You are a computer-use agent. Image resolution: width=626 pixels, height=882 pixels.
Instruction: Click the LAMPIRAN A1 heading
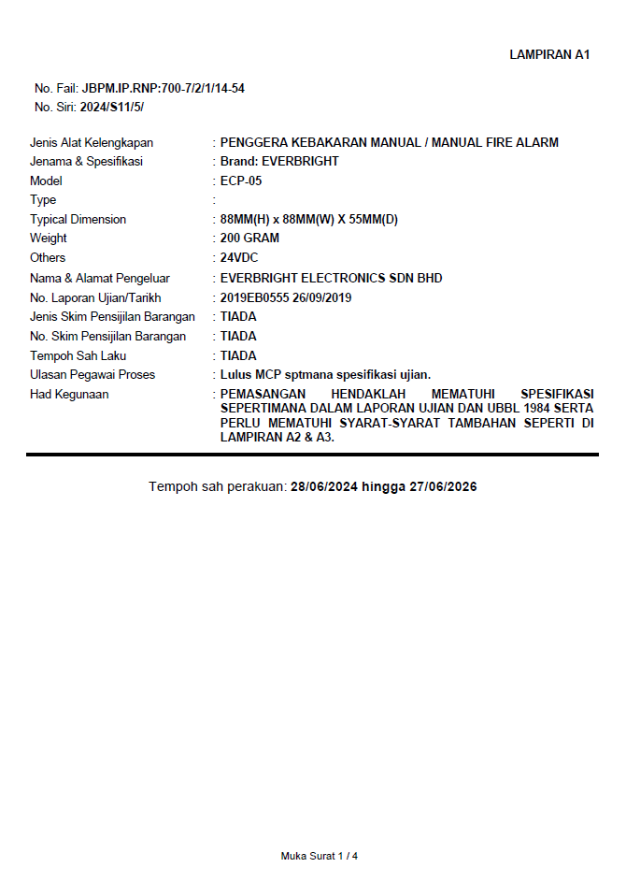549,54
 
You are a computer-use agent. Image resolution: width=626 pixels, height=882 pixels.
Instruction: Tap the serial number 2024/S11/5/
112,107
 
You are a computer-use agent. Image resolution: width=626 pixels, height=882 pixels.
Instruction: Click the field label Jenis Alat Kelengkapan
92,143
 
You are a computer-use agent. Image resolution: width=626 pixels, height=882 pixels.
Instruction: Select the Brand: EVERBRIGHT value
279,162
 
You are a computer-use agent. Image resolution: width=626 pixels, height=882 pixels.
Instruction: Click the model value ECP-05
241,181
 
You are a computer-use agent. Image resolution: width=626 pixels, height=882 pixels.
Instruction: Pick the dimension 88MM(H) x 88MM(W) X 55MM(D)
309,220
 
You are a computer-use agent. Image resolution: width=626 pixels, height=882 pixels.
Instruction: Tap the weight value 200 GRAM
249,239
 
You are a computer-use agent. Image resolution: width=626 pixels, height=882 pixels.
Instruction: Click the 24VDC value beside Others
239,258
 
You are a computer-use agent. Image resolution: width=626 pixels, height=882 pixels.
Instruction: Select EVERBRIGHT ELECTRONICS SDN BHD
331,279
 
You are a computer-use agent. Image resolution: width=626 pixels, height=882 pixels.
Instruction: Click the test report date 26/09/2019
322,297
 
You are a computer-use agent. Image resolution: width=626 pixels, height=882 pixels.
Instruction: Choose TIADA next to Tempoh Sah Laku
238,356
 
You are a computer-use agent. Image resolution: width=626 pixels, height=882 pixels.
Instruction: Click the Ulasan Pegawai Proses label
92,375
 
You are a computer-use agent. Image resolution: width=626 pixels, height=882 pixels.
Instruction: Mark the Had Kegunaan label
69,395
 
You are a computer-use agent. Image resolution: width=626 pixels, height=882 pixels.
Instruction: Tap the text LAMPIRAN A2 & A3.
277,437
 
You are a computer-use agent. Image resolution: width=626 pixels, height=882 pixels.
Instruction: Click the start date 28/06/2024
324,487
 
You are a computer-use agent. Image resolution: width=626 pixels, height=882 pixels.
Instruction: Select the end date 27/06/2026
443,487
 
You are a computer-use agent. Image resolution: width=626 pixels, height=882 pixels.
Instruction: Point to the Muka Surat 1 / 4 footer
320,856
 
